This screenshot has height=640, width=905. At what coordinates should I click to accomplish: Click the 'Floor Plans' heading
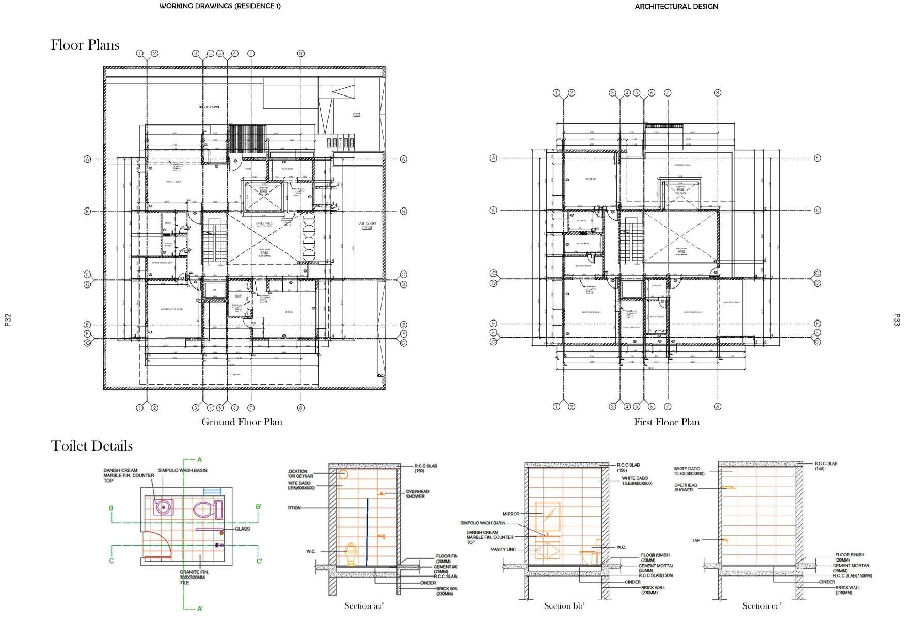pyautogui.click(x=85, y=45)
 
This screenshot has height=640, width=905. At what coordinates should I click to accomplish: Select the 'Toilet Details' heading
pyautogui.click(x=91, y=446)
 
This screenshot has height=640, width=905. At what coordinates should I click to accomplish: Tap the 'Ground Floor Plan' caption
pyautogui.click(x=242, y=422)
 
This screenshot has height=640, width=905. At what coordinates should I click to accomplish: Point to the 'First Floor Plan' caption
pyautogui.click(x=666, y=422)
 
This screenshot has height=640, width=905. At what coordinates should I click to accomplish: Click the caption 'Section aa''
pyautogui.click(x=364, y=605)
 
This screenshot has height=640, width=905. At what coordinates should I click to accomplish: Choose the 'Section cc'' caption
pyautogui.click(x=762, y=605)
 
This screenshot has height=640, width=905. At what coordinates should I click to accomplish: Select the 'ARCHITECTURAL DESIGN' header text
pyautogui.click(x=676, y=7)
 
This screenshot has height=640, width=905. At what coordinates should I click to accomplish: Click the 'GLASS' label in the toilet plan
pyautogui.click(x=242, y=529)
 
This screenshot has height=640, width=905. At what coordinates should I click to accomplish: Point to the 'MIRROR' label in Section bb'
pyautogui.click(x=511, y=514)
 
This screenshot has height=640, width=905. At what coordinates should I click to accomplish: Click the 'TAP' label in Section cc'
pyautogui.click(x=696, y=540)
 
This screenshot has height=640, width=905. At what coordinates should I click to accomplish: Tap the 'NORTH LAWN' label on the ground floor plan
pyautogui.click(x=209, y=107)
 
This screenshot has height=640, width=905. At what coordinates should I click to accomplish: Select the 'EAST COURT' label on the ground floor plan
pyautogui.click(x=367, y=223)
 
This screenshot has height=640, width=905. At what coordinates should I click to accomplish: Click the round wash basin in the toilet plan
pyautogui.click(x=164, y=507)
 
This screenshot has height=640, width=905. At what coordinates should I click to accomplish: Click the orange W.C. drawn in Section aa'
pyautogui.click(x=351, y=554)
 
